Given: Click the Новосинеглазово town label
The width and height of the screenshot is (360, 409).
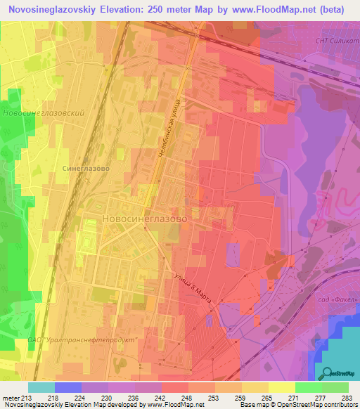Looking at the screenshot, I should [144, 219].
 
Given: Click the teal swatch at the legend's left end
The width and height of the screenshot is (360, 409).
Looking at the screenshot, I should [41, 387].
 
